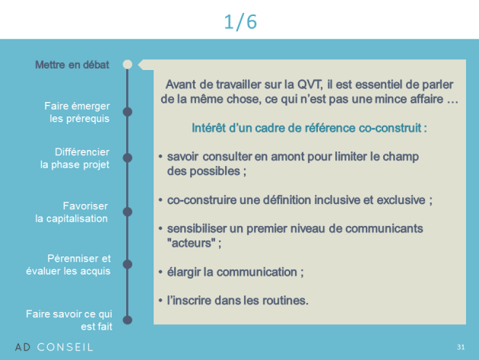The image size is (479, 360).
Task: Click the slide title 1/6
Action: tap(240, 22)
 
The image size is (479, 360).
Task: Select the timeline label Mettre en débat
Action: tap(72, 65)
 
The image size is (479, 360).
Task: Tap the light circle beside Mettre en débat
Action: tap(128, 64)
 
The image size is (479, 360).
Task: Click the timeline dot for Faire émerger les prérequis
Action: tap(128, 112)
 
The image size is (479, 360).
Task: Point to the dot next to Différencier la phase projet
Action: tap(128, 158)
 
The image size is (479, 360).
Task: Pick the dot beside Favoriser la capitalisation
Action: tap(128, 212)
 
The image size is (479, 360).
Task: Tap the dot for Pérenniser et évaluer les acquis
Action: tap(128, 264)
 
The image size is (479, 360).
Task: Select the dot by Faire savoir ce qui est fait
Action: tap(128, 320)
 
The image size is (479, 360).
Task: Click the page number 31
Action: tap(461, 347)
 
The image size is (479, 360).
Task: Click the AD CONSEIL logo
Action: tap(54, 347)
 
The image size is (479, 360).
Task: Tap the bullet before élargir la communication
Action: tap(160, 272)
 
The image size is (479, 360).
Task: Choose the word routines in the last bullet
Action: tap(284, 301)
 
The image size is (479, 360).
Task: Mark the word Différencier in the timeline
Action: tap(82, 152)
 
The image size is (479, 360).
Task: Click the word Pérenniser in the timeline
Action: tap(73, 259)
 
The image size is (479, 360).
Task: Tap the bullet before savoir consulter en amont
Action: tap(160, 156)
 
